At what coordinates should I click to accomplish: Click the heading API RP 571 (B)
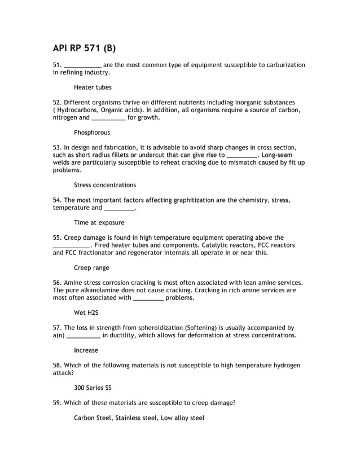(x=84, y=48)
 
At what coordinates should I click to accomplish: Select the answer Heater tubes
(x=93, y=87)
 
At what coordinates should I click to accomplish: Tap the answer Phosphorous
(x=92, y=133)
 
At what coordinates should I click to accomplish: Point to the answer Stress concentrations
(x=104, y=185)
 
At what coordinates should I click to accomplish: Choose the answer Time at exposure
(x=99, y=223)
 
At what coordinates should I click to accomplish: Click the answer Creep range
(x=91, y=267)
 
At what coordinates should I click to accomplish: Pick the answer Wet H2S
(x=86, y=313)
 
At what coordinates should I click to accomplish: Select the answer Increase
(x=86, y=350)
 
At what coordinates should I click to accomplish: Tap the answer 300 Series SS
(x=93, y=388)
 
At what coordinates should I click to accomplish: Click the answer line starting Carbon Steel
(x=139, y=418)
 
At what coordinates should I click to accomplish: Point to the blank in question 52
(x=108, y=118)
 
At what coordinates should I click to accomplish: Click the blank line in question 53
(x=242, y=155)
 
